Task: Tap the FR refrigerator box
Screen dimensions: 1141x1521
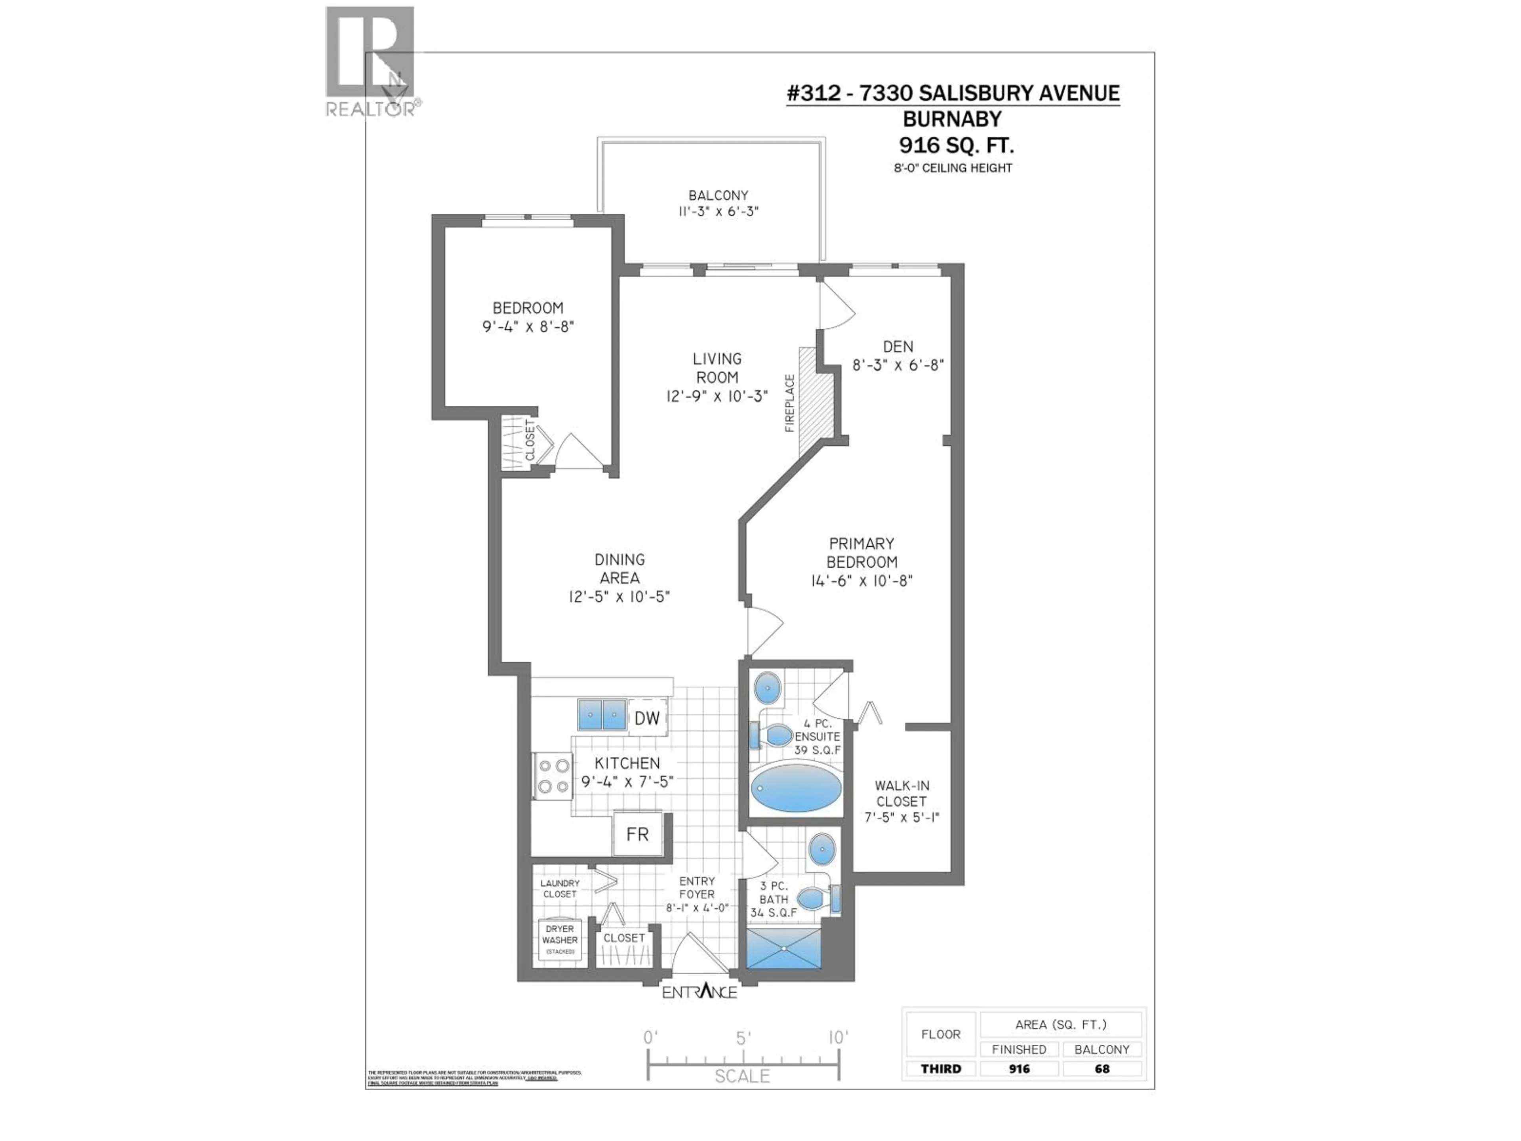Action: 637,834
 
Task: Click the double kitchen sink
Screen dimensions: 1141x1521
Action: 602,715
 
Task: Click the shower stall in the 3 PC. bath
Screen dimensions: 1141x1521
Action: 784,948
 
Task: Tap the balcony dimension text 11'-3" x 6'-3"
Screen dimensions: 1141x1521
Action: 718,211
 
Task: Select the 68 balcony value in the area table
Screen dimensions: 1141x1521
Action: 1102,1069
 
